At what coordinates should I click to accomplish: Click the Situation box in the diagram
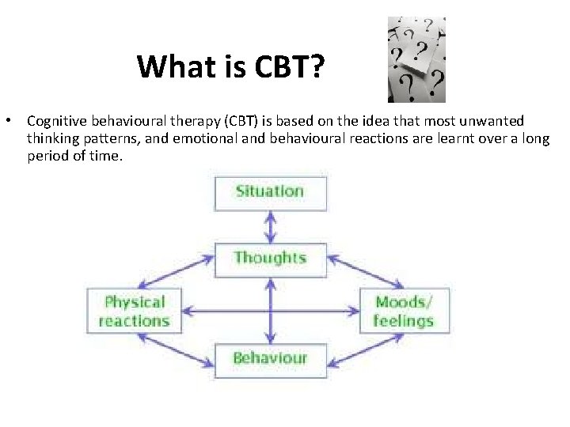[270, 191]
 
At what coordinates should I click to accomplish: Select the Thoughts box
[270, 258]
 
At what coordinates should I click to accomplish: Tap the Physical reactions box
[134, 311]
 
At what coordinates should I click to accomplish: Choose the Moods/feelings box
[404, 311]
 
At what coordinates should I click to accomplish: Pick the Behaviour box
[270, 358]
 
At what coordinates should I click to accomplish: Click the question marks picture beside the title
[416, 60]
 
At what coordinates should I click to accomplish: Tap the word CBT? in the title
[289, 67]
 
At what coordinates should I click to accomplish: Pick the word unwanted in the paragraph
[496, 122]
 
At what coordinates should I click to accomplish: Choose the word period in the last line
[45, 157]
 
